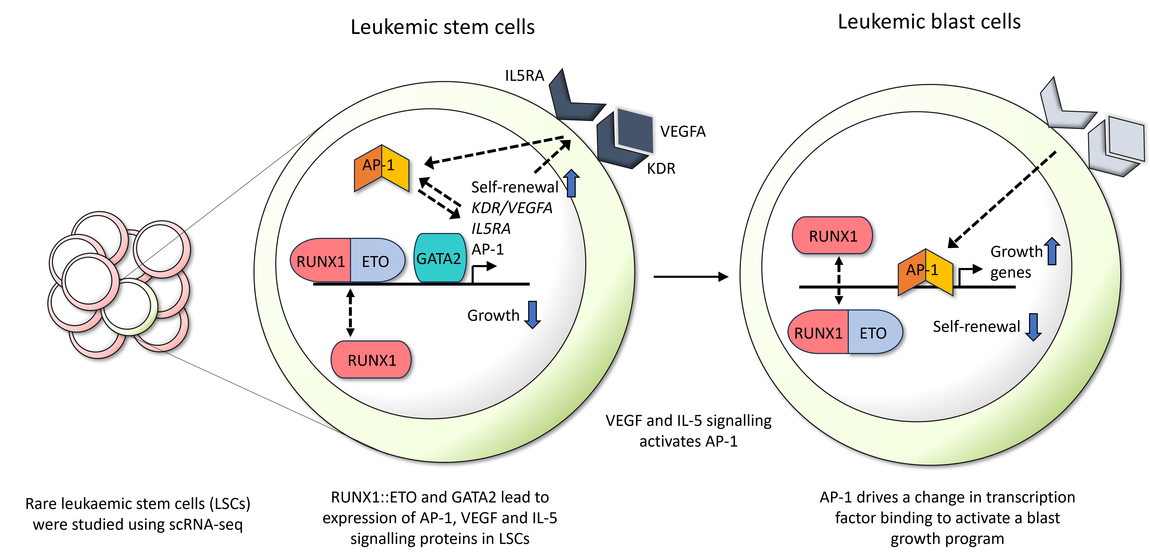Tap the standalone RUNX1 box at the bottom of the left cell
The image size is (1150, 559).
371,360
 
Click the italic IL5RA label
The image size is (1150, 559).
491,229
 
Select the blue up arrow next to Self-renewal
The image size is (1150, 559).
571,183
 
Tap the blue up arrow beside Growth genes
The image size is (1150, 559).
1052,251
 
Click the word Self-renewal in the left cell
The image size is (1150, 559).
515,187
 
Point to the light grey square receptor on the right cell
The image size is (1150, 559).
1126,138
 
